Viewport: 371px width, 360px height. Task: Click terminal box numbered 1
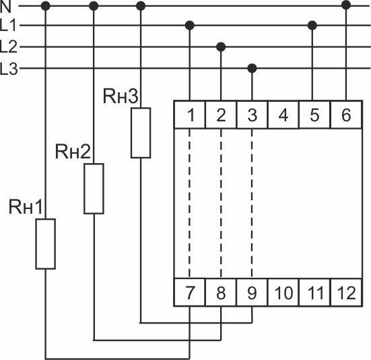pyautogui.click(x=189, y=115)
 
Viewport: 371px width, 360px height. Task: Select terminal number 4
pyautogui.click(x=283, y=115)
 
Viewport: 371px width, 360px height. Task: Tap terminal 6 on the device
pyautogui.click(x=346, y=115)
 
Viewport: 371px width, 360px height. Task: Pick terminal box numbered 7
pyautogui.click(x=189, y=293)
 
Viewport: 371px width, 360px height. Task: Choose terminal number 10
pyautogui.click(x=283, y=293)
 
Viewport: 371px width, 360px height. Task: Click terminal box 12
pyautogui.click(x=346, y=293)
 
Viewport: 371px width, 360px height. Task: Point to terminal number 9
pyautogui.click(x=252, y=293)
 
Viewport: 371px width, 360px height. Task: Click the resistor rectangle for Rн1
pyautogui.click(x=45, y=244)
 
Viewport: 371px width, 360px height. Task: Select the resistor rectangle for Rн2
pyautogui.click(x=94, y=189)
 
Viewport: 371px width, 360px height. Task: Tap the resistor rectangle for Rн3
pyautogui.click(x=141, y=133)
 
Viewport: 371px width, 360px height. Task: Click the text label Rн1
pyautogui.click(x=26, y=207)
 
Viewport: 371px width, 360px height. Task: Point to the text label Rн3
pyautogui.click(x=121, y=96)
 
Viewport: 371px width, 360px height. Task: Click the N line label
pyautogui.click(x=5, y=7)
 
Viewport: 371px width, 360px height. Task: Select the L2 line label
pyautogui.click(x=9, y=47)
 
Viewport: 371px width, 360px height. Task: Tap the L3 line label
pyautogui.click(x=9, y=69)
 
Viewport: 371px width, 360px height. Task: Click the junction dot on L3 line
pyautogui.click(x=252, y=69)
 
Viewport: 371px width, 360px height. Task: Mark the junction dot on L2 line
pyautogui.click(x=221, y=47)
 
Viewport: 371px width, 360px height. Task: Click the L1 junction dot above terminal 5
pyautogui.click(x=312, y=26)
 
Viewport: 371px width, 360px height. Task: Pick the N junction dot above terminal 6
pyautogui.click(x=346, y=5)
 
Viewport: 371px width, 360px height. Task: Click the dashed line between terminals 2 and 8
pyautogui.click(x=221, y=203)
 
